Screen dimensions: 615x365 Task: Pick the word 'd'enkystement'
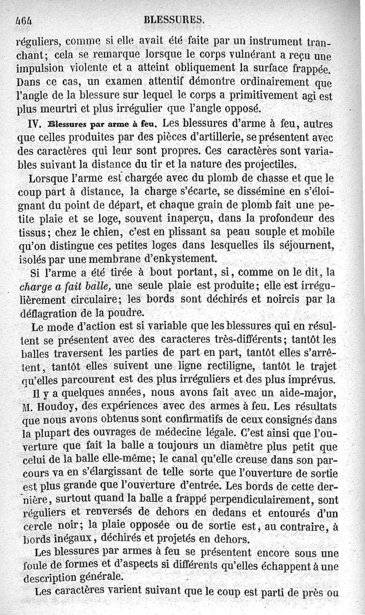click(x=180, y=258)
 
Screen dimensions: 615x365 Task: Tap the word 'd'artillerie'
click(x=203, y=137)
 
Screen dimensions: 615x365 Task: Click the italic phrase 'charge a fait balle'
click(x=65, y=286)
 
